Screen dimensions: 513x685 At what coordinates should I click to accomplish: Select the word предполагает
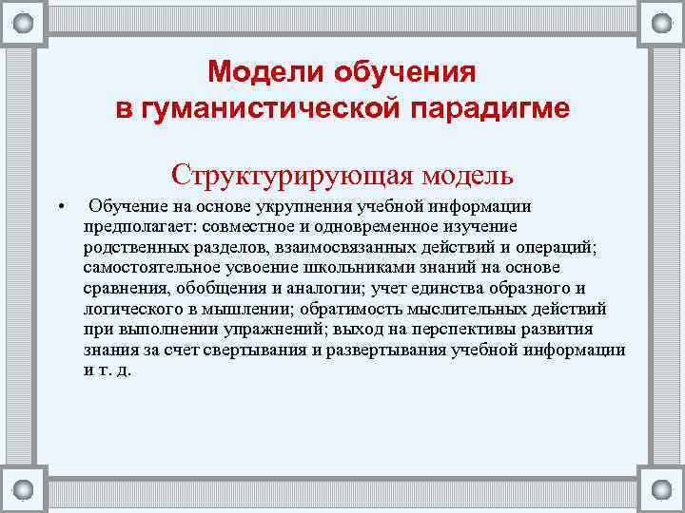[x=132, y=226]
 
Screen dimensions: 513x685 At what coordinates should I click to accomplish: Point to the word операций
[x=552, y=247]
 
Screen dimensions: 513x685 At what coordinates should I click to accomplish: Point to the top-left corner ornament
[x=23, y=22]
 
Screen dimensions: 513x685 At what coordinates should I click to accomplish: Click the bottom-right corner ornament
[x=660, y=489]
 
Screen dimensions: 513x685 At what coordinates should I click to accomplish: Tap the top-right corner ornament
[x=660, y=22]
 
